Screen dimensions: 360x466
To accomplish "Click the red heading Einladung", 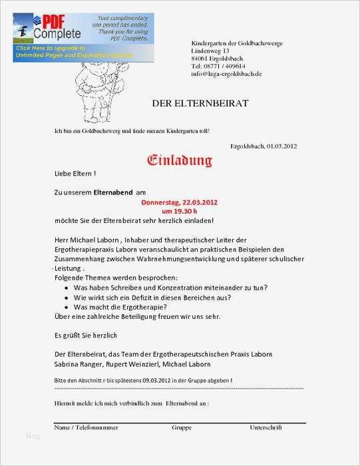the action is click(180, 160).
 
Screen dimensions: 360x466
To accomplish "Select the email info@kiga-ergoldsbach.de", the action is click(226, 73).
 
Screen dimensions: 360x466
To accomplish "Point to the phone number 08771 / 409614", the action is click(218, 66).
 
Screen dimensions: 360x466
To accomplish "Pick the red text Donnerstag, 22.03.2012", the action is click(180, 202).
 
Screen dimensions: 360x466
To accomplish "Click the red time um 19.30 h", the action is click(180, 210).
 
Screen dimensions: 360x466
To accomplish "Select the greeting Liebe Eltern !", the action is click(75, 173).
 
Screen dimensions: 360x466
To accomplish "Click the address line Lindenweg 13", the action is click(210, 51).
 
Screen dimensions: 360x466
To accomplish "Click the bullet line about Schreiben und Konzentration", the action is click(170, 288).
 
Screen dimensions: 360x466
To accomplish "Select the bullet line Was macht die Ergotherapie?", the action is click(120, 307).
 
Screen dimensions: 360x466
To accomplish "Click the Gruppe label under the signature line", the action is click(182, 427).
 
